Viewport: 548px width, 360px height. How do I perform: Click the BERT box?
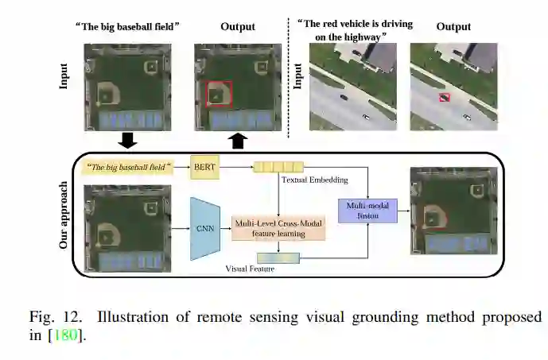coord(205,167)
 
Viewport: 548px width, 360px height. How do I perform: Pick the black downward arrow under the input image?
coord(127,141)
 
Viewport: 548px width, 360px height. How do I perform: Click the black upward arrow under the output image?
coord(238,141)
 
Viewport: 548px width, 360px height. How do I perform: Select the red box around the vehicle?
coord(445,97)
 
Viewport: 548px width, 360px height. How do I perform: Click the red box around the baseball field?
coord(219,94)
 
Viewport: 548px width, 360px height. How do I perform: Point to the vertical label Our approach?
coord(64,215)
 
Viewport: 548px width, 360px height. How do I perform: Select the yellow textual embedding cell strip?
coord(278,167)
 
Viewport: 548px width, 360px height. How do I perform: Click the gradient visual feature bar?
coord(278,257)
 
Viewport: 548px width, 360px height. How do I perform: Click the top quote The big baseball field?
coord(127,26)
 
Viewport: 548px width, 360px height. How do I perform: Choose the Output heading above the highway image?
coord(453,26)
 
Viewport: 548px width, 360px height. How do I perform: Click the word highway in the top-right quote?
coord(366,36)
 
